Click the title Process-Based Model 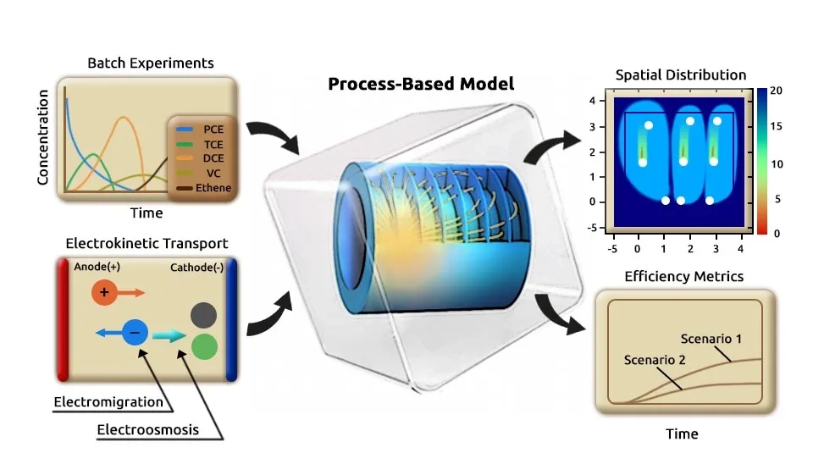(x=421, y=84)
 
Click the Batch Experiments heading (x=150, y=64)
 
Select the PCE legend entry (x=213, y=131)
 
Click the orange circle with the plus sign (x=104, y=293)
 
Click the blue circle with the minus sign (x=135, y=333)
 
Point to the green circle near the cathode (x=203, y=346)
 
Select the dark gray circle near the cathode (x=203, y=316)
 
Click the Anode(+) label (x=97, y=266)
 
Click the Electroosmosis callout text (x=147, y=429)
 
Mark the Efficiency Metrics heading (x=683, y=277)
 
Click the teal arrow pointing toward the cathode (x=170, y=336)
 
